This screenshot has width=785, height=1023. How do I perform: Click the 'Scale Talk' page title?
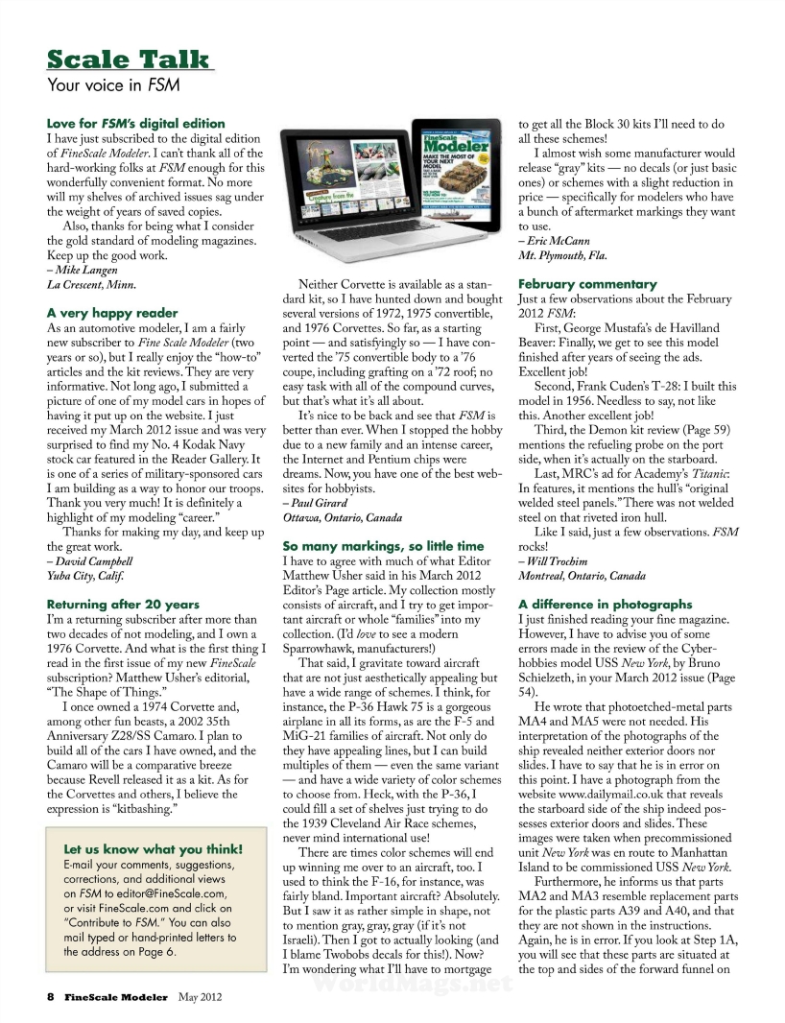coord(129,59)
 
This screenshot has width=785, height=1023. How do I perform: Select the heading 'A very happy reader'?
coord(112,313)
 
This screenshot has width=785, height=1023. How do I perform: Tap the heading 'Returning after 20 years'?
coord(123,605)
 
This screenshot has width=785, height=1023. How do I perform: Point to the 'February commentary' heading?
coord(587,284)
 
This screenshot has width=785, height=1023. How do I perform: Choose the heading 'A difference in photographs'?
coord(605,605)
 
